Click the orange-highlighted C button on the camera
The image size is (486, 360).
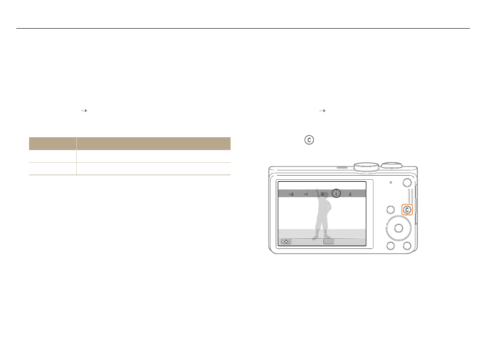407,210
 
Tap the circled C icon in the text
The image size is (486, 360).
309,140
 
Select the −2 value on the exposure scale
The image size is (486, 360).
291,194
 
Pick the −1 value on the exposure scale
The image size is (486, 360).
306,194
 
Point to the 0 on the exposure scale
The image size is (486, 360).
322,194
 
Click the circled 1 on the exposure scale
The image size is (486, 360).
336,194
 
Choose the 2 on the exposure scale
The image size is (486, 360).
350,194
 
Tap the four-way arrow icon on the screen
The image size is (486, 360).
286,241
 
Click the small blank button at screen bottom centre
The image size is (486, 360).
328,241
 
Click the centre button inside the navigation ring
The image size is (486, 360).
399,228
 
